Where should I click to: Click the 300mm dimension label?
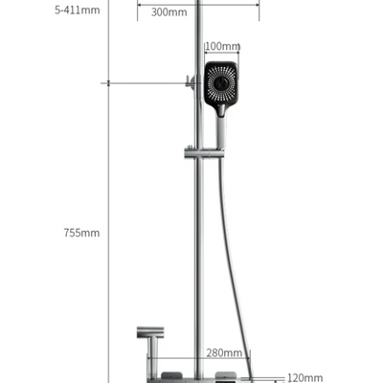[x=169, y=12]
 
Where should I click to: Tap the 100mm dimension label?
[x=222, y=46]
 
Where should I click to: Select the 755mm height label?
[x=81, y=233]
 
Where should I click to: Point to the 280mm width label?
[x=224, y=353]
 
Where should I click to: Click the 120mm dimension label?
[x=305, y=378]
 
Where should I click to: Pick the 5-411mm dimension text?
[x=78, y=10]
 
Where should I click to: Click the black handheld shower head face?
[x=221, y=83]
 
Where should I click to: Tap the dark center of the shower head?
[x=220, y=84]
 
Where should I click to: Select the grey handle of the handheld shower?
[x=221, y=131]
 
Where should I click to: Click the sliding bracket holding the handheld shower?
[x=202, y=153]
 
